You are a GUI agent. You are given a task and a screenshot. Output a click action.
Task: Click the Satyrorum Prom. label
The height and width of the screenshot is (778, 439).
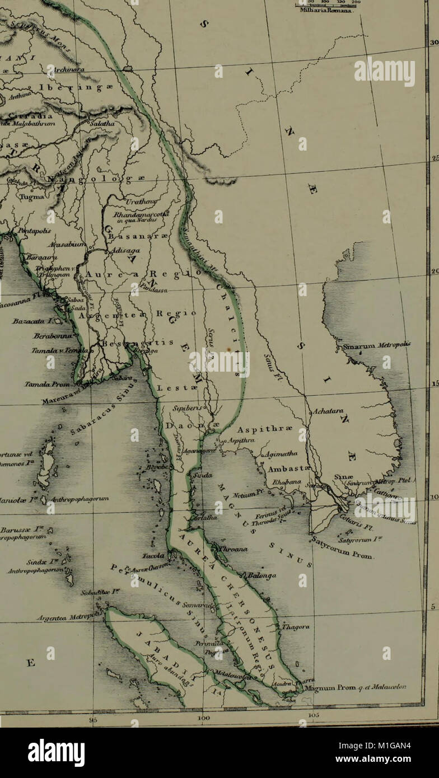click(343, 550)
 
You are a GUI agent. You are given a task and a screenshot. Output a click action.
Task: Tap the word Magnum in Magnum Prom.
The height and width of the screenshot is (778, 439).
click(319, 689)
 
